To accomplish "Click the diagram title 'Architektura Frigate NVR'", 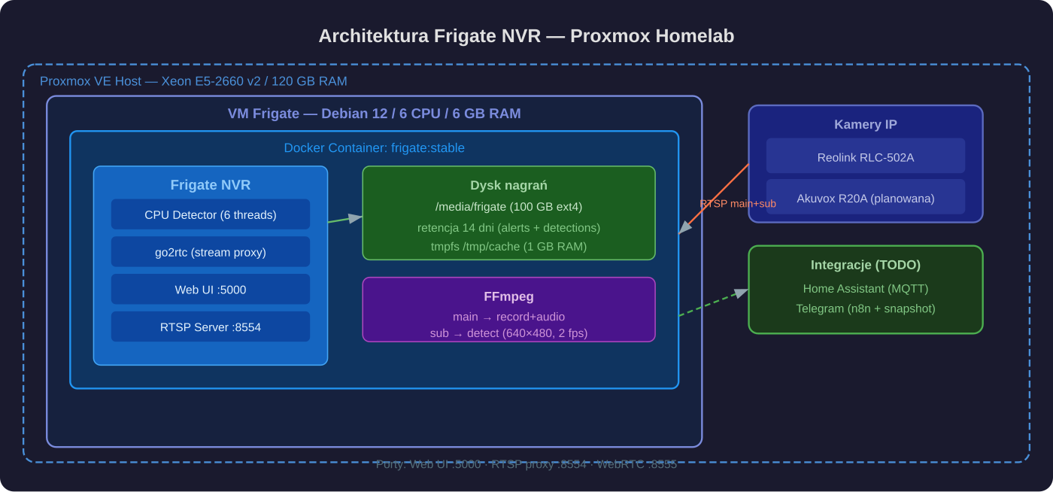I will point(526,36).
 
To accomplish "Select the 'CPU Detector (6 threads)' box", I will point(211,214).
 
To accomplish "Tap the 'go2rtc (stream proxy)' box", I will point(211,252).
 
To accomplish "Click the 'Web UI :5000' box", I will point(211,290).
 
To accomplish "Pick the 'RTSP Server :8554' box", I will point(211,327).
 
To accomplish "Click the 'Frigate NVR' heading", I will point(211,185).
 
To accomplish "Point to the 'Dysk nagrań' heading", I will point(508,185).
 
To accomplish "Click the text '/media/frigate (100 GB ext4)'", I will point(508,207).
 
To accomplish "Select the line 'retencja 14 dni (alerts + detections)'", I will point(508,227).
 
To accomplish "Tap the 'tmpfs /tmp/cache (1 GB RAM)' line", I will point(508,246).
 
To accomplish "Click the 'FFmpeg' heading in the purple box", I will point(508,296).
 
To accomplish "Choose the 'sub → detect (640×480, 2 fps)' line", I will point(508,333).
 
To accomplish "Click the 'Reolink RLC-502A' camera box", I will point(865,156).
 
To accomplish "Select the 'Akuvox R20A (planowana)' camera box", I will point(865,198).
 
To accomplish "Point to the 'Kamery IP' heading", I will point(865,125).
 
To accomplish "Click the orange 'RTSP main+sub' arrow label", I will point(737,203).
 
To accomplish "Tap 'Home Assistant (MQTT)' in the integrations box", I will point(865,289).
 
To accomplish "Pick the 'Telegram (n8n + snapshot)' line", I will point(865,308).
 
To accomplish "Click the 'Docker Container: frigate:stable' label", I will point(374,148).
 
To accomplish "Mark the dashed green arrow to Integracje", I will point(713,303).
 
